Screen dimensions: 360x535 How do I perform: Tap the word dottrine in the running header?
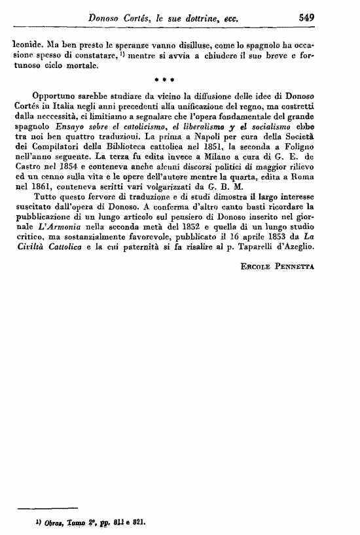pyautogui.click(x=200, y=20)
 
